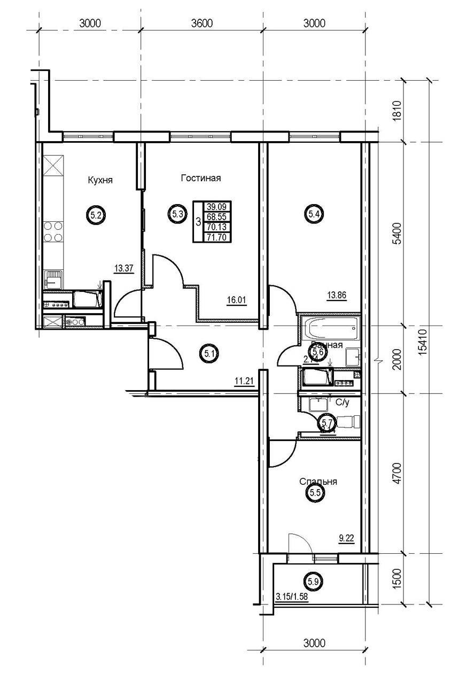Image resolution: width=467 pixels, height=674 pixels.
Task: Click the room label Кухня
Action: (x=100, y=180)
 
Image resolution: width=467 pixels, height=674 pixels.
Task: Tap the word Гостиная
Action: (x=200, y=178)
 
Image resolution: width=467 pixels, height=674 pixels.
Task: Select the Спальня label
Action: (x=318, y=481)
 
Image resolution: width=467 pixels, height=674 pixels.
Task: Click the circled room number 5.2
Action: (x=96, y=216)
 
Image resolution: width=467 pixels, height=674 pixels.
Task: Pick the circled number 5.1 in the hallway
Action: (x=208, y=352)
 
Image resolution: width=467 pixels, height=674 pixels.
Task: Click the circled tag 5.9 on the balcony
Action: (x=313, y=579)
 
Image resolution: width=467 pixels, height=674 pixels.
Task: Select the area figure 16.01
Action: (x=236, y=300)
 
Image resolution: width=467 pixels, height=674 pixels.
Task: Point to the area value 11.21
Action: (x=244, y=381)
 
